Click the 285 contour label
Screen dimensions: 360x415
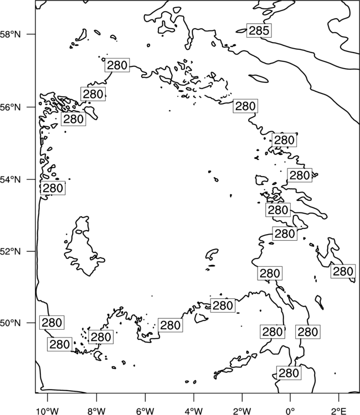(x=259, y=30)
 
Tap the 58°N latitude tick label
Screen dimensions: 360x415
(x=11, y=34)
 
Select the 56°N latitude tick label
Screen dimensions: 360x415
(x=11, y=107)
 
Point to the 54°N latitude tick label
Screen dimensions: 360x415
(x=11, y=179)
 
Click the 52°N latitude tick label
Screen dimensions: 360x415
(x=11, y=251)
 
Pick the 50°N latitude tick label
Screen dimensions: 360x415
(x=11, y=323)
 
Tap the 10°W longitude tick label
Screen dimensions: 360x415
(x=48, y=411)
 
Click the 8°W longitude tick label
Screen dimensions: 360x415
(x=96, y=411)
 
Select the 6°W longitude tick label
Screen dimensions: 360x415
(x=145, y=411)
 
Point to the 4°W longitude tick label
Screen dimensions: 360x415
(x=194, y=411)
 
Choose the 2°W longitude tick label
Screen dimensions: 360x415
(x=242, y=411)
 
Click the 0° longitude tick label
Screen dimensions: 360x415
(x=290, y=411)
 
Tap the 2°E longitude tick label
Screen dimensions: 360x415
(x=339, y=411)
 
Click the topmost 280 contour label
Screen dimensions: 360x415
(x=117, y=65)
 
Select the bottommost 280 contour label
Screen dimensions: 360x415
(x=289, y=373)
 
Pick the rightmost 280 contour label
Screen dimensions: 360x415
(x=343, y=272)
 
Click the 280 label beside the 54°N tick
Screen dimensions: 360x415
(x=53, y=188)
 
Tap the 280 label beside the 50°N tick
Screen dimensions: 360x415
(x=52, y=323)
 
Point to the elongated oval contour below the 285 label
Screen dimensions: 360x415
(x=258, y=79)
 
